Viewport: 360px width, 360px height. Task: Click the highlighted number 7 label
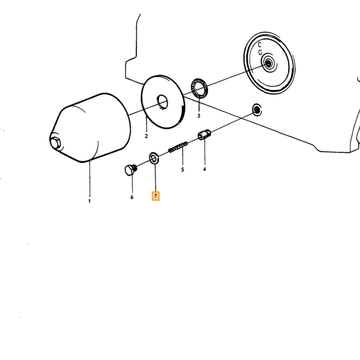pyautogui.click(x=155, y=196)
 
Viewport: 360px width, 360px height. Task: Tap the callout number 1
pyautogui.click(x=89, y=201)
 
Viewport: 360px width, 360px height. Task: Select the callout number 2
pyautogui.click(x=146, y=136)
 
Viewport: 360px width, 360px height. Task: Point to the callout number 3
pyautogui.click(x=199, y=116)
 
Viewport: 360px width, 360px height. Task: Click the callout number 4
pyautogui.click(x=204, y=169)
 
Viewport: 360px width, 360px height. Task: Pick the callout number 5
pyautogui.click(x=183, y=169)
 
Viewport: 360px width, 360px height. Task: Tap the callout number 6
pyautogui.click(x=132, y=197)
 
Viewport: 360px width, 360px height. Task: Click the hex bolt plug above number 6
pyautogui.click(x=131, y=170)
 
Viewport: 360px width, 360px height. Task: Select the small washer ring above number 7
pyautogui.click(x=154, y=158)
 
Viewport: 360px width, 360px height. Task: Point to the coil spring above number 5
pyautogui.click(x=178, y=147)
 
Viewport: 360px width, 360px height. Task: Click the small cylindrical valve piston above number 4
pyautogui.click(x=204, y=135)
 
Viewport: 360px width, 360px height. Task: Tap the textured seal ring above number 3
pyautogui.click(x=199, y=88)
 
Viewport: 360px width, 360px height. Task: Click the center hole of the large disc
pyautogui.click(x=163, y=102)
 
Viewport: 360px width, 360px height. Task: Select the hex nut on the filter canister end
pyautogui.click(x=55, y=143)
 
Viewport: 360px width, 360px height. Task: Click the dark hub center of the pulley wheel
pyautogui.click(x=268, y=63)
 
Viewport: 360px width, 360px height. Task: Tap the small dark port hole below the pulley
pyautogui.click(x=257, y=110)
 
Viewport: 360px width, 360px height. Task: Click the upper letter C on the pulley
pyautogui.click(x=260, y=45)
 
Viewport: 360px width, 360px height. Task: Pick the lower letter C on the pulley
pyautogui.click(x=260, y=52)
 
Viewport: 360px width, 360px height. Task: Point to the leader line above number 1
pyautogui.click(x=89, y=179)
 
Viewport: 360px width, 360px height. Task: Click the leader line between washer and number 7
pyautogui.click(x=155, y=178)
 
